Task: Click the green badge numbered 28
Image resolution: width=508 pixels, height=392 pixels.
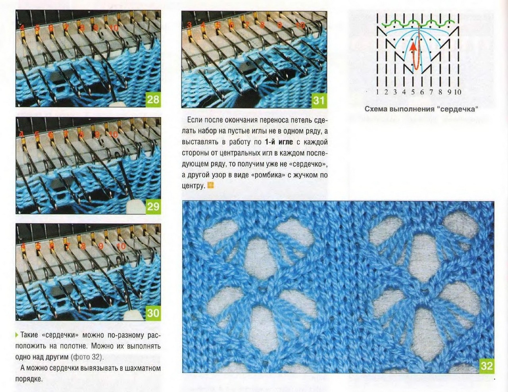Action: pyautogui.click(x=153, y=99)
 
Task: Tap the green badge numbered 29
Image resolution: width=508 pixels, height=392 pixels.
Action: pyautogui.click(x=153, y=207)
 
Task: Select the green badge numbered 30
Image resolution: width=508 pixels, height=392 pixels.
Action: pyautogui.click(x=153, y=313)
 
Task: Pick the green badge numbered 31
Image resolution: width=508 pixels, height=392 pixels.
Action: pyautogui.click(x=319, y=100)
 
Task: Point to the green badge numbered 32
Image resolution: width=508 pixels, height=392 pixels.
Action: pyautogui.click(x=487, y=365)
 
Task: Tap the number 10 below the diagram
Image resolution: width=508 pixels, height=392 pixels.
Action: pyautogui.click(x=458, y=92)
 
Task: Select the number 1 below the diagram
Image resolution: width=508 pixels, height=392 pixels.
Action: pyautogui.click(x=377, y=92)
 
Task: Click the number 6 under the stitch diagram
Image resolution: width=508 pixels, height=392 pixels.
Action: pyautogui.click(x=422, y=92)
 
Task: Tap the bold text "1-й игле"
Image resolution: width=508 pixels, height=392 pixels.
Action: pyautogui.click(x=279, y=142)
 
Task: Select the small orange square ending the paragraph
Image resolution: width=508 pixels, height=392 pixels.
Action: pyautogui.click(x=211, y=185)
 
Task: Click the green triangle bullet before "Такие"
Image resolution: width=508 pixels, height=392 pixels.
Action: pyautogui.click(x=17, y=335)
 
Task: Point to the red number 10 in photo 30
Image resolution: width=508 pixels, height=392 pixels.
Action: pyautogui.click(x=121, y=246)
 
